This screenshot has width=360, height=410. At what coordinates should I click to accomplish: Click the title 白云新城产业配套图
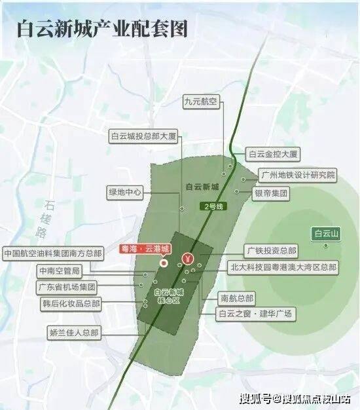click(102, 29)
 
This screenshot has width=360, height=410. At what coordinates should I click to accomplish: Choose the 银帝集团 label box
click(271, 194)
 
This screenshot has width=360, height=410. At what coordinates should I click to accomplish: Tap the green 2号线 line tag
click(212, 206)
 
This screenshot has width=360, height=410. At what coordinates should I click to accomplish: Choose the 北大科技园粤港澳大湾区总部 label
click(283, 267)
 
